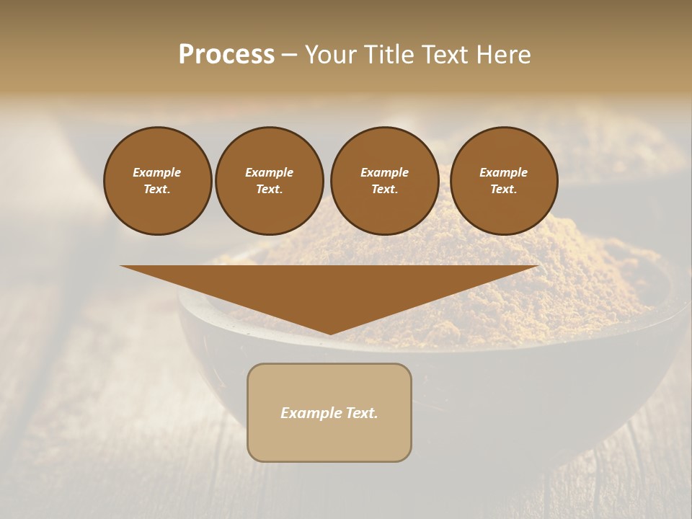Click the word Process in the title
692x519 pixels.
pyautogui.click(x=226, y=55)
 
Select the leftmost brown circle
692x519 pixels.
pyautogui.click(x=158, y=181)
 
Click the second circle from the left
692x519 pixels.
pyautogui.click(x=270, y=181)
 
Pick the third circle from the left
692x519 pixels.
pyautogui.click(x=384, y=181)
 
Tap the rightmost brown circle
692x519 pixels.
pyautogui.click(x=504, y=181)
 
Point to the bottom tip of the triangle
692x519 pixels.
pyautogui.click(x=330, y=333)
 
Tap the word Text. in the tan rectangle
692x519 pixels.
pyautogui.click(x=361, y=413)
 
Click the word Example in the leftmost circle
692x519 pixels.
pyautogui.click(x=157, y=172)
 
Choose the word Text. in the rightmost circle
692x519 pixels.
pyautogui.click(x=504, y=190)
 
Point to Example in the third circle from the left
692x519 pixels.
pyautogui.click(x=384, y=172)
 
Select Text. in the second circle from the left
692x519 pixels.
pyautogui.click(x=270, y=190)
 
